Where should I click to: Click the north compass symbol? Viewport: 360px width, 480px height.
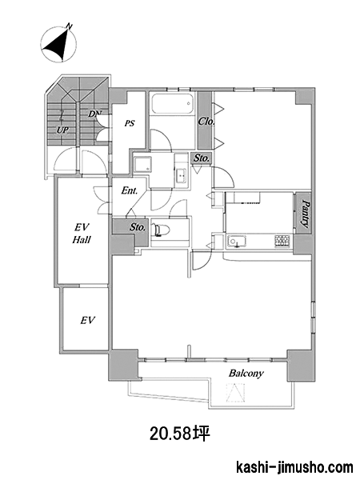pos(58,43)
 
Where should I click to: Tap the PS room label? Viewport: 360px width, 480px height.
pos(130,123)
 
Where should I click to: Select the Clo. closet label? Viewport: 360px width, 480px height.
pos(206,122)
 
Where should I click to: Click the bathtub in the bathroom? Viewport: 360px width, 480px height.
pos(173,104)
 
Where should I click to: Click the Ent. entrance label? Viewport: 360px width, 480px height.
pos(129,190)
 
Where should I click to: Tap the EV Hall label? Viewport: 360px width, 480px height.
pos(82,234)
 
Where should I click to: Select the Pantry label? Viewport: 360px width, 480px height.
pos(304,214)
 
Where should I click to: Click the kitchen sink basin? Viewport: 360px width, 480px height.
pos(237,242)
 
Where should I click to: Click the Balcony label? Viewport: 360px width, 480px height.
pos(246,374)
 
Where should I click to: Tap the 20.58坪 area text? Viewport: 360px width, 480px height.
pos(180,434)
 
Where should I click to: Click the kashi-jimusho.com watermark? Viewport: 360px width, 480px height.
pos(294,468)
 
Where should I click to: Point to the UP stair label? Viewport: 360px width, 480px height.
pos(62,130)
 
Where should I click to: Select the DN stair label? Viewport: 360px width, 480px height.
pos(94,114)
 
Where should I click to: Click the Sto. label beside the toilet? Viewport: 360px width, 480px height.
pos(137,227)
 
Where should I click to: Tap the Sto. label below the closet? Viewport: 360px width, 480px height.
pos(201,158)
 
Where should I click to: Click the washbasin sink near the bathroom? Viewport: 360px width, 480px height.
pos(182,175)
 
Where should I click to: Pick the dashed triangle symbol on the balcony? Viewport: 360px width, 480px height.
pos(235,393)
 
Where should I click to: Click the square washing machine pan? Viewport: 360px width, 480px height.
pos(143,165)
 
